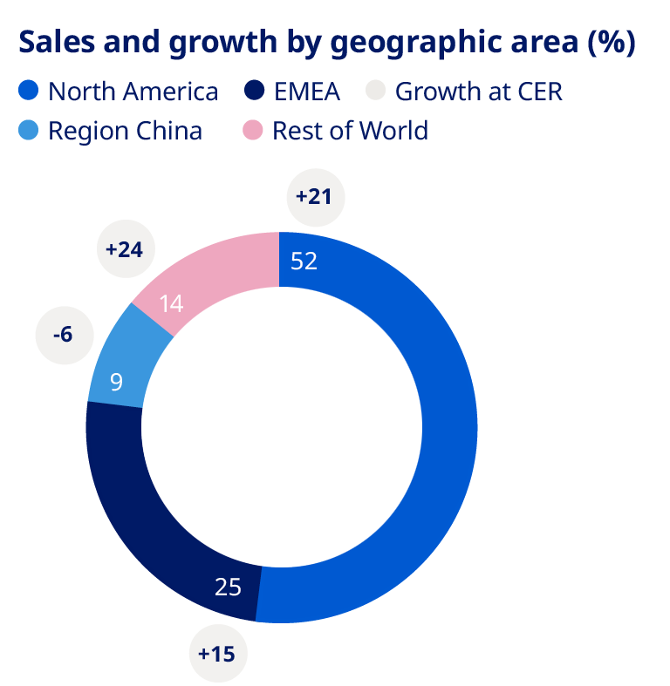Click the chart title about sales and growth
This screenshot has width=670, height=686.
(325, 43)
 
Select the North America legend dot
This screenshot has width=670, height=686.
(29, 91)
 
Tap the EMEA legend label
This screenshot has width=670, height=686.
(305, 91)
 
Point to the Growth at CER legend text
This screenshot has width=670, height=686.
(479, 91)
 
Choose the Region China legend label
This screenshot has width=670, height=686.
(125, 132)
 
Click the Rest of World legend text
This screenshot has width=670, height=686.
(350, 132)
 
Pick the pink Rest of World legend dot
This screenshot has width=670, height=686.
(253, 132)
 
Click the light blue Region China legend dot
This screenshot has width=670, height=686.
(29, 132)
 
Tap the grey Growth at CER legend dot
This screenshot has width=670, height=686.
(375, 91)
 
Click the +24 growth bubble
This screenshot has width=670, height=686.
(124, 249)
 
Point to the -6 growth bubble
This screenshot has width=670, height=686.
(64, 334)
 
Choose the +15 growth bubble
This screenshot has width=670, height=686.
(218, 652)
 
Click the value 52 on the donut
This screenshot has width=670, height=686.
(304, 261)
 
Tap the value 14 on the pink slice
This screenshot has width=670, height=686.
(172, 304)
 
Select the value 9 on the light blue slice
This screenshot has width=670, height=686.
(116, 381)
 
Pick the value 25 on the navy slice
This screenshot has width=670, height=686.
(228, 587)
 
